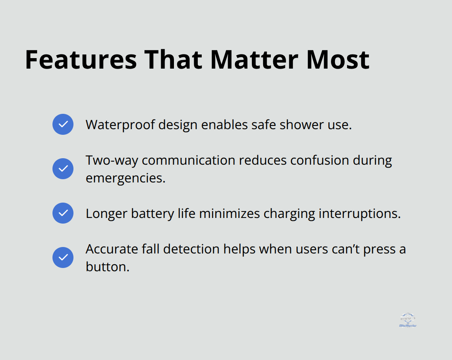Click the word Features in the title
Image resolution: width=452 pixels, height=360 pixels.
click(x=81, y=59)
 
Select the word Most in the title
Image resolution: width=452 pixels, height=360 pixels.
click(x=338, y=59)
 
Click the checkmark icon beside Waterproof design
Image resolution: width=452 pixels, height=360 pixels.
click(x=63, y=124)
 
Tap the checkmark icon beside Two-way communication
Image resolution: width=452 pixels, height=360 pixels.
click(x=63, y=169)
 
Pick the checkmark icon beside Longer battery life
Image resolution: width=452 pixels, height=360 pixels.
click(x=63, y=213)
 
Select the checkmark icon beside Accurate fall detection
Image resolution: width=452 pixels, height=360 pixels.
click(x=63, y=257)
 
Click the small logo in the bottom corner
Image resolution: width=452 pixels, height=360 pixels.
click(x=407, y=320)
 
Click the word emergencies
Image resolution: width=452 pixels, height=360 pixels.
click(x=126, y=178)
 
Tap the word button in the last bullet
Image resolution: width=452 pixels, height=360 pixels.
click(x=107, y=267)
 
